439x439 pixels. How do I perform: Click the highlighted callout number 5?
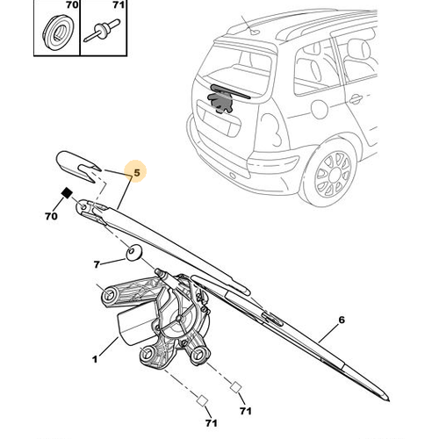137,173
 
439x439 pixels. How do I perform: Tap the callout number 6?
342,320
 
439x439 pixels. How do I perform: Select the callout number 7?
97,264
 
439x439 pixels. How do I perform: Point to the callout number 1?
95,359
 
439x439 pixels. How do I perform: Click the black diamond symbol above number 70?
67,193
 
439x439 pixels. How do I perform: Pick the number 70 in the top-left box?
71,4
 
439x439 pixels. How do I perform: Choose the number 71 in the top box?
119,4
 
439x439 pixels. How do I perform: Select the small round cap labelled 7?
133,253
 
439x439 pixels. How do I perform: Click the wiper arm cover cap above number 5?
78,166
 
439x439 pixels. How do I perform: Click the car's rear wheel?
333,175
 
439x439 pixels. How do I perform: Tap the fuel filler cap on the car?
319,109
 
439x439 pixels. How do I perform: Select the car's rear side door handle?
355,98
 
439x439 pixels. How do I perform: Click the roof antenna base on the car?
254,31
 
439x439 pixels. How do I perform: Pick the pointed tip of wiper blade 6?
388,399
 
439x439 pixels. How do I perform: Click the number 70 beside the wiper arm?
51,216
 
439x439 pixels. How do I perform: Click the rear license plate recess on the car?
219,121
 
